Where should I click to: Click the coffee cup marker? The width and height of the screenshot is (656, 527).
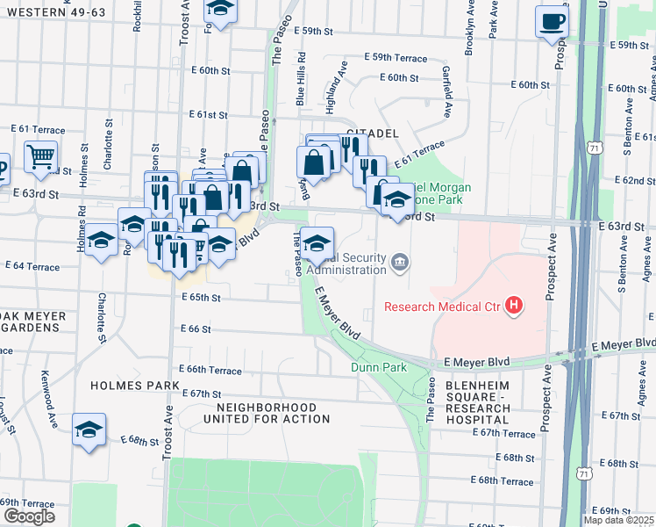pos(552,21)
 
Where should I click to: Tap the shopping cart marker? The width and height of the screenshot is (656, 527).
pos(40,158)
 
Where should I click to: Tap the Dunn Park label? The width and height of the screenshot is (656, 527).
pos(379,367)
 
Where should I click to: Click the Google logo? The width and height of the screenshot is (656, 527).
pos(29,516)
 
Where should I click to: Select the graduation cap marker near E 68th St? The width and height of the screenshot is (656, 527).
pos(89,430)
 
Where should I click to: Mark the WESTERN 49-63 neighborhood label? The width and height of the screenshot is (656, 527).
pos(49,11)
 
